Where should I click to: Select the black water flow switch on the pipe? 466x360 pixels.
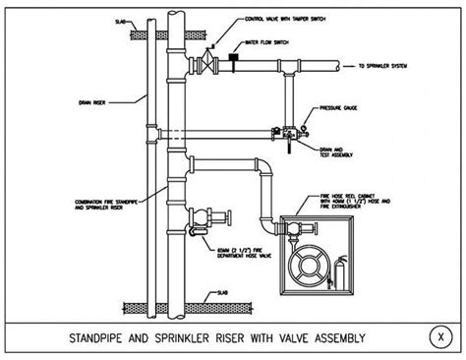coord(235,60)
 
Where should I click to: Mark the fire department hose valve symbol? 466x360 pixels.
coord(204,218)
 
